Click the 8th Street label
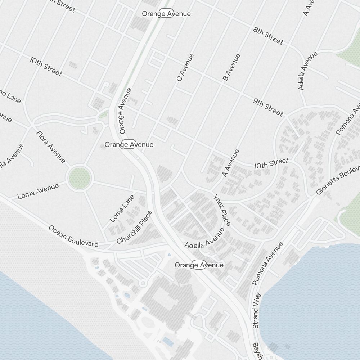point(268,35)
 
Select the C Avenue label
point(185,67)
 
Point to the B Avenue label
point(231,67)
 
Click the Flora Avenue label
point(51,147)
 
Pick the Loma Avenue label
point(38,191)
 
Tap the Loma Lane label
point(122,208)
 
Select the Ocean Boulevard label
point(73,236)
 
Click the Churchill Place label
point(134,228)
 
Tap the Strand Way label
point(256,312)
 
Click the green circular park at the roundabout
point(80,177)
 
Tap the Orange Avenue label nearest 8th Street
point(166,14)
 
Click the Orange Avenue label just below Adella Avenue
point(199,265)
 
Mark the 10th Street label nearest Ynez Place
point(271,163)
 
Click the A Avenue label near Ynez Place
point(230,163)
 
